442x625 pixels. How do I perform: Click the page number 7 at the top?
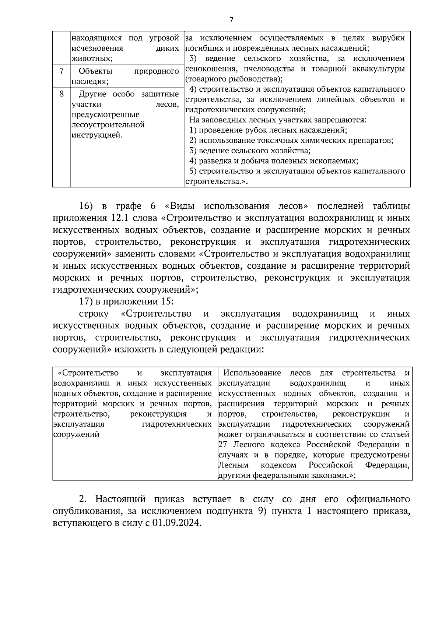pos(231,20)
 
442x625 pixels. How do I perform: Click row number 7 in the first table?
pos(62,71)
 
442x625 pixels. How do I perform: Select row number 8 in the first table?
pos(62,93)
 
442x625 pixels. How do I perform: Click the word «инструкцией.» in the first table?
pos(97,135)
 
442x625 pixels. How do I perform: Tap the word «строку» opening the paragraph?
pos(94,314)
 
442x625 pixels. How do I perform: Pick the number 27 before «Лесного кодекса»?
pos(222,445)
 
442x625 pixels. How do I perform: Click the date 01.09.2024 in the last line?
pos(175,524)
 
